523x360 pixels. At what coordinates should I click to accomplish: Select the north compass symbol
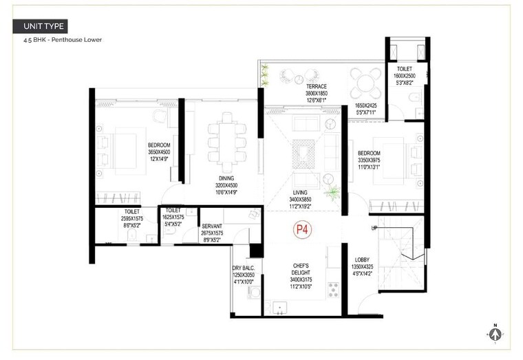[x=494, y=334]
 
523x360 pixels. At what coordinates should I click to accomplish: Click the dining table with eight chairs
[x=226, y=142]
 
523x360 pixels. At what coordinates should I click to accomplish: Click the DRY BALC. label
[x=244, y=268]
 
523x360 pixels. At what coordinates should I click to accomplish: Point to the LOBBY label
[x=363, y=260]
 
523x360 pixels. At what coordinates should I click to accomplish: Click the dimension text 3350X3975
[x=368, y=160]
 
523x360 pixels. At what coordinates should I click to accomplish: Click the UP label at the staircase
[x=374, y=228]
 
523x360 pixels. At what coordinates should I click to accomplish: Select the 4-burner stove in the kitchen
[x=333, y=289]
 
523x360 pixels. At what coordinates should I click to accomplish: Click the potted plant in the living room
[x=333, y=192]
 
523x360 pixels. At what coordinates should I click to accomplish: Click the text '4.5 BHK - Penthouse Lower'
[x=63, y=40]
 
